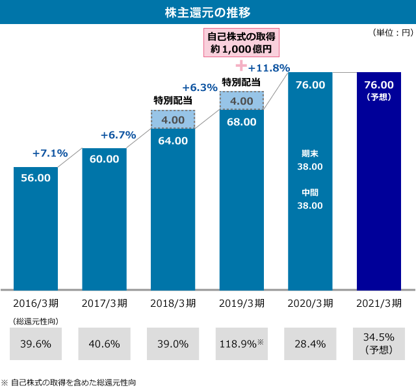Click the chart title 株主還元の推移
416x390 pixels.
(x=208, y=12)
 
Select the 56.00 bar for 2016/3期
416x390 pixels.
(x=36, y=227)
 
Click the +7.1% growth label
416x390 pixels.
(x=50, y=153)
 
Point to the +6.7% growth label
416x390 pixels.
(x=118, y=135)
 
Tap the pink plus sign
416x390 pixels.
(x=242, y=65)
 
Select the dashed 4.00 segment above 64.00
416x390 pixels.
(x=173, y=120)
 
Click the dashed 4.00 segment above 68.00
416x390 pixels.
(x=242, y=101)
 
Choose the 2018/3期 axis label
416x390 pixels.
(x=173, y=303)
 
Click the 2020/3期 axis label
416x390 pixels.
(x=310, y=303)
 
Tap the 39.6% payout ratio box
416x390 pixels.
(x=36, y=344)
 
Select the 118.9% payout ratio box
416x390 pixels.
(x=242, y=344)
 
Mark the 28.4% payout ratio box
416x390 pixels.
(x=310, y=344)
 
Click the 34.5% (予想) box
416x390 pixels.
(x=379, y=344)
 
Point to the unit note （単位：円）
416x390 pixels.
(x=392, y=32)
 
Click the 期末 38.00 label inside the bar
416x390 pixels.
(x=310, y=160)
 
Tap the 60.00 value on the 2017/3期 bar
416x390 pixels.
(x=104, y=159)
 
